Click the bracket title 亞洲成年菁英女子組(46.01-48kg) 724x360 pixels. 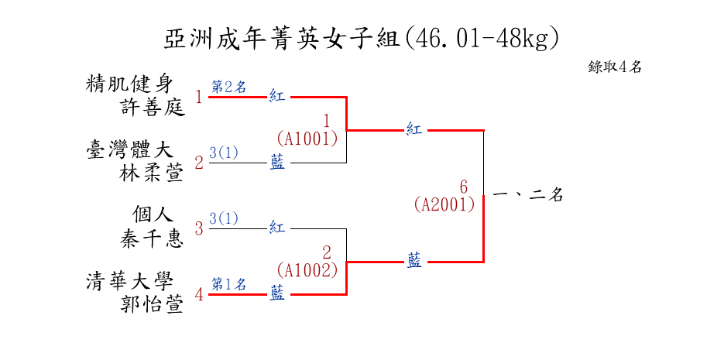[x=362, y=38]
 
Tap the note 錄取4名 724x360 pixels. [x=615, y=67]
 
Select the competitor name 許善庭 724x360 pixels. [x=153, y=107]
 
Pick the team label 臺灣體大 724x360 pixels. [x=129, y=149]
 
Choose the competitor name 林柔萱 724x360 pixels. [x=152, y=173]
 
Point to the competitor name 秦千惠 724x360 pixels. [x=152, y=238]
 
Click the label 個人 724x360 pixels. [x=152, y=214]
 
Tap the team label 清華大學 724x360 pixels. [x=129, y=281]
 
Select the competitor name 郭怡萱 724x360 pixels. [x=152, y=305]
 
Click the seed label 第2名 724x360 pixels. [x=228, y=87]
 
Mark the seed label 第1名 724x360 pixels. [x=228, y=284]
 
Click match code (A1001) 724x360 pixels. [x=307, y=139]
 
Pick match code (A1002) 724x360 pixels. [x=307, y=270]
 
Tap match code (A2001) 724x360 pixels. [x=444, y=204]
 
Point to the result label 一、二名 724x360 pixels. [x=527, y=196]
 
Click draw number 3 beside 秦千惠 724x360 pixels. [x=199, y=228]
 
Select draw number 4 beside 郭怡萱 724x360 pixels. [x=199, y=294]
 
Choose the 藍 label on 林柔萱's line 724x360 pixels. [x=277, y=163]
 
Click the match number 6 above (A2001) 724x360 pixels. [x=463, y=187]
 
